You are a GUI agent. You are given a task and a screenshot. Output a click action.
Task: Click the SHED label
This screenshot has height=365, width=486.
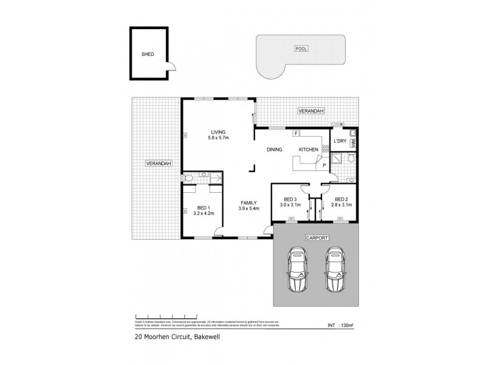coord(148,54)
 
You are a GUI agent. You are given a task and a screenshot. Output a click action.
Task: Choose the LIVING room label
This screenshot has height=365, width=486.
coord(218,132)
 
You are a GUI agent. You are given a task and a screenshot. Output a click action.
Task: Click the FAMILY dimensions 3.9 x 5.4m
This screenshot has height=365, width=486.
coord(249,209)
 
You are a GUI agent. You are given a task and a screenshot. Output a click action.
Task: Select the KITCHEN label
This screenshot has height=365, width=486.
coord(308,149)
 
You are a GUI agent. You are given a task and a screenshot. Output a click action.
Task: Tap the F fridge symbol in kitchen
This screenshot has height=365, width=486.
coord(295,133)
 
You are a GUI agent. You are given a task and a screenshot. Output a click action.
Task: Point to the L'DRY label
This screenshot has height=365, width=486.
coord(339,141)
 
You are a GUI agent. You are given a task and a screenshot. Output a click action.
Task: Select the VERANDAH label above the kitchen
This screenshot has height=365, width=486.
coord(310,111)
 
